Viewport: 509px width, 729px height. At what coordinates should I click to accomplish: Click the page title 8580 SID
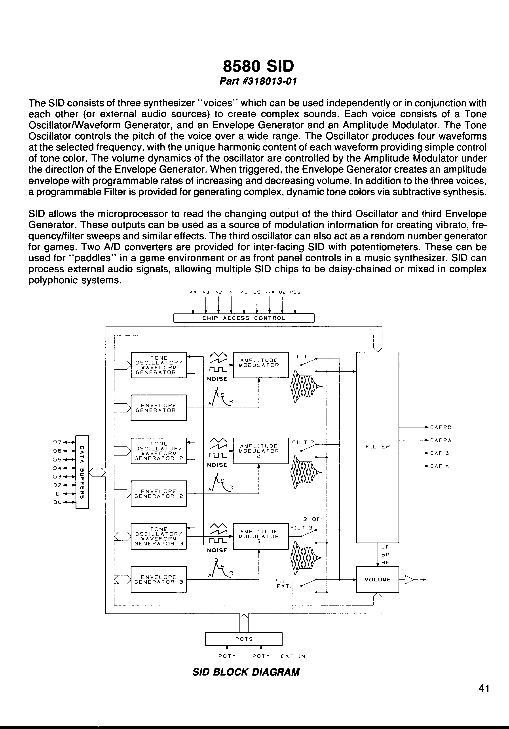click(x=258, y=66)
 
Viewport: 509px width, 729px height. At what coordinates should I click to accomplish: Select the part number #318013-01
click(x=258, y=82)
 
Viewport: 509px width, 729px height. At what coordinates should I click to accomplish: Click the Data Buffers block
click(x=82, y=472)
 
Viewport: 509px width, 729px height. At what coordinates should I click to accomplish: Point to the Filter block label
click(x=378, y=446)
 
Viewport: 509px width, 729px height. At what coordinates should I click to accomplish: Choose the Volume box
click(x=378, y=579)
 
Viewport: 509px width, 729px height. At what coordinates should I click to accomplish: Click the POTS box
click(x=244, y=639)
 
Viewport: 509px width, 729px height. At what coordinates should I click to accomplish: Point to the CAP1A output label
click(x=439, y=466)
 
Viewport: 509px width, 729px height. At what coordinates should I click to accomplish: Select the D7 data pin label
click(x=57, y=442)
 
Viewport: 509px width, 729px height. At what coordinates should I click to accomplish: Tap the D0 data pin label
click(x=57, y=503)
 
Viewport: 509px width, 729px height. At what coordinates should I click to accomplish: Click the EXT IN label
click(x=292, y=656)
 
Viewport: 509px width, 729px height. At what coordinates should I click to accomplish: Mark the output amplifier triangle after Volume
click(x=409, y=580)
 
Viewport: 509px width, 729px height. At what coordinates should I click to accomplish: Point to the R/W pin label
click(x=269, y=292)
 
